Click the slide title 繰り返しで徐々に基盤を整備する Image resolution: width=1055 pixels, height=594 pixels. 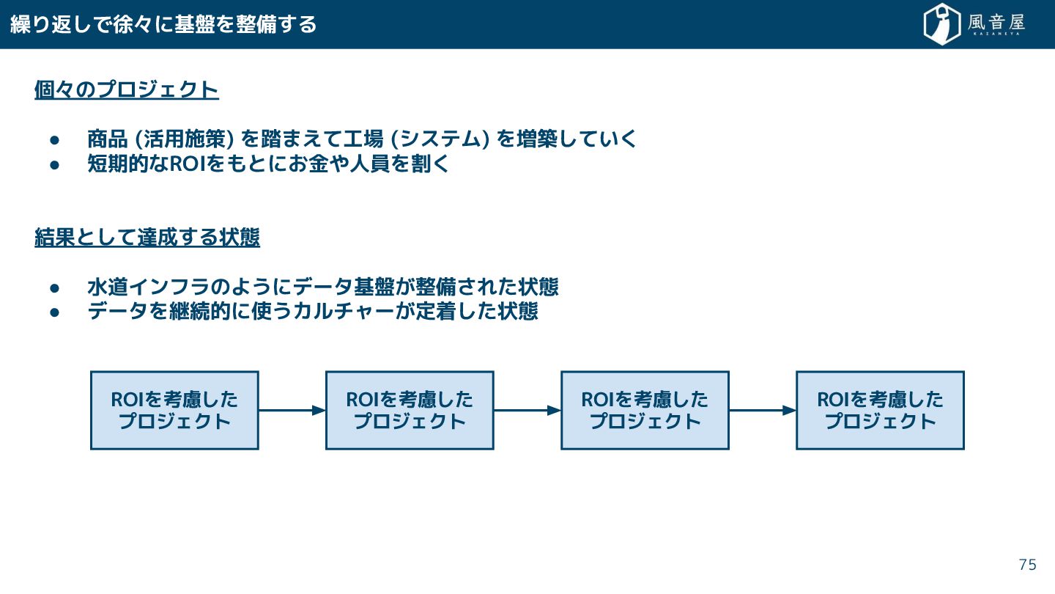point(163,24)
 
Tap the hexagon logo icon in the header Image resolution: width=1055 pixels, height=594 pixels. point(941,24)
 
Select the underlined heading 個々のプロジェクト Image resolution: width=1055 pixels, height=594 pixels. point(127,90)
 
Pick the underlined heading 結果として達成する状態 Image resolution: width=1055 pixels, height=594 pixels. point(147,238)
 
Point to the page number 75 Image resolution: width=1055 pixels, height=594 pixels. point(1028,565)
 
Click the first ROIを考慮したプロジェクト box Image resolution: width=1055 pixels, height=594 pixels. point(174,410)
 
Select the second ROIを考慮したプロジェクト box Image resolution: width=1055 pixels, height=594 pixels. point(410,410)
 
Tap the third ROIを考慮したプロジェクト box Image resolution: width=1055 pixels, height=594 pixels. point(645,410)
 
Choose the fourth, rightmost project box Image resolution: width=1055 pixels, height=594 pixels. point(880,410)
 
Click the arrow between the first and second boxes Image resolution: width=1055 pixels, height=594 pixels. point(292,411)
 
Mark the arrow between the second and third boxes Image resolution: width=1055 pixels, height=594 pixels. point(527,411)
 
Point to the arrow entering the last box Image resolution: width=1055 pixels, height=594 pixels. point(762,411)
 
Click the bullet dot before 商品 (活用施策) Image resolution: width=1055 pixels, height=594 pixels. point(53,139)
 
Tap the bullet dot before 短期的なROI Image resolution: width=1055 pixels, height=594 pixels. point(53,164)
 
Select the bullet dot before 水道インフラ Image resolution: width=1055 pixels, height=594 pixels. point(53,287)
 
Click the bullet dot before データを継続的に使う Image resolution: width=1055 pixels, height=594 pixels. point(53,312)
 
